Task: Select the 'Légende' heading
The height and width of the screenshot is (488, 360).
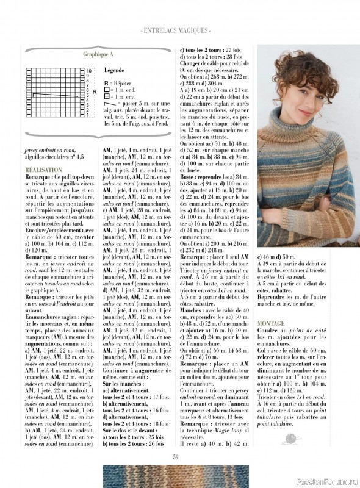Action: [x=114, y=70]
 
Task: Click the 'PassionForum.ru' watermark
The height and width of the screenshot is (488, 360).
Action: [x=329, y=482]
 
